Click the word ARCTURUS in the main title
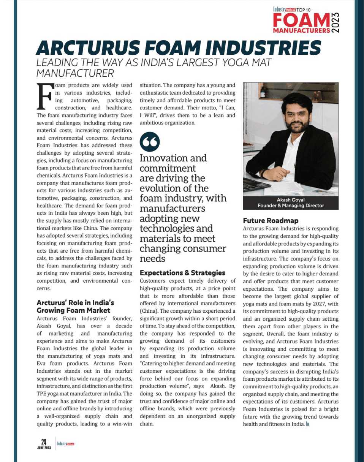point(82,49)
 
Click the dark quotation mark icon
point(150,142)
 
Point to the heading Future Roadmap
point(271,220)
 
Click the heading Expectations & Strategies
point(182,273)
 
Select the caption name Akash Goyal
point(290,200)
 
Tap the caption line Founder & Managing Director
point(290,206)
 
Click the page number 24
point(44,441)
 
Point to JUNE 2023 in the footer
point(44,447)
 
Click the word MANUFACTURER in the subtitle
point(75,73)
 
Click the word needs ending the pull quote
point(152,259)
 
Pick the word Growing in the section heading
point(53,310)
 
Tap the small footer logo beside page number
point(65,443)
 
